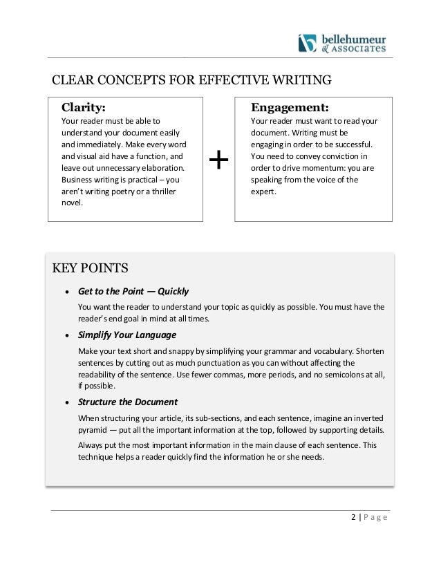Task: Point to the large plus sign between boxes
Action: tap(219, 161)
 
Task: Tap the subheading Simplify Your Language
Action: tap(127, 335)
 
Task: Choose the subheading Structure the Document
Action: tap(128, 402)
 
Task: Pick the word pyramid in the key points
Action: tap(95, 429)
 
